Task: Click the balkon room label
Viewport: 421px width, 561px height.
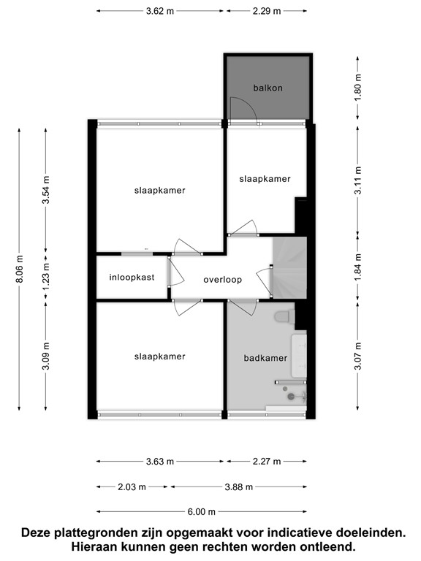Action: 268,88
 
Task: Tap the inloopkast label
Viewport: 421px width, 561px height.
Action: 132,278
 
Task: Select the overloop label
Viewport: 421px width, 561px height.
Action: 222,279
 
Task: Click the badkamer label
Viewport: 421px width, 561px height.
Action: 265,358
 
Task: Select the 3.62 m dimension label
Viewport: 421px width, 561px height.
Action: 159,11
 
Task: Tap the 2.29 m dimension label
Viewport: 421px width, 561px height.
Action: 267,11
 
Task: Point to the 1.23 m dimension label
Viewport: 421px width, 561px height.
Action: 47,277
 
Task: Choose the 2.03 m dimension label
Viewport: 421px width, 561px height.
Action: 132,487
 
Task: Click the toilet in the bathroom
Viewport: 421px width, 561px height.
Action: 284,316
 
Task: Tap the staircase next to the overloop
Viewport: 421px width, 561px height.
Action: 288,268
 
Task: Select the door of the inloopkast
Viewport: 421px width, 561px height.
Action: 170,272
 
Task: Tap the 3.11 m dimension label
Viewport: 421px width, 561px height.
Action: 358,182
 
